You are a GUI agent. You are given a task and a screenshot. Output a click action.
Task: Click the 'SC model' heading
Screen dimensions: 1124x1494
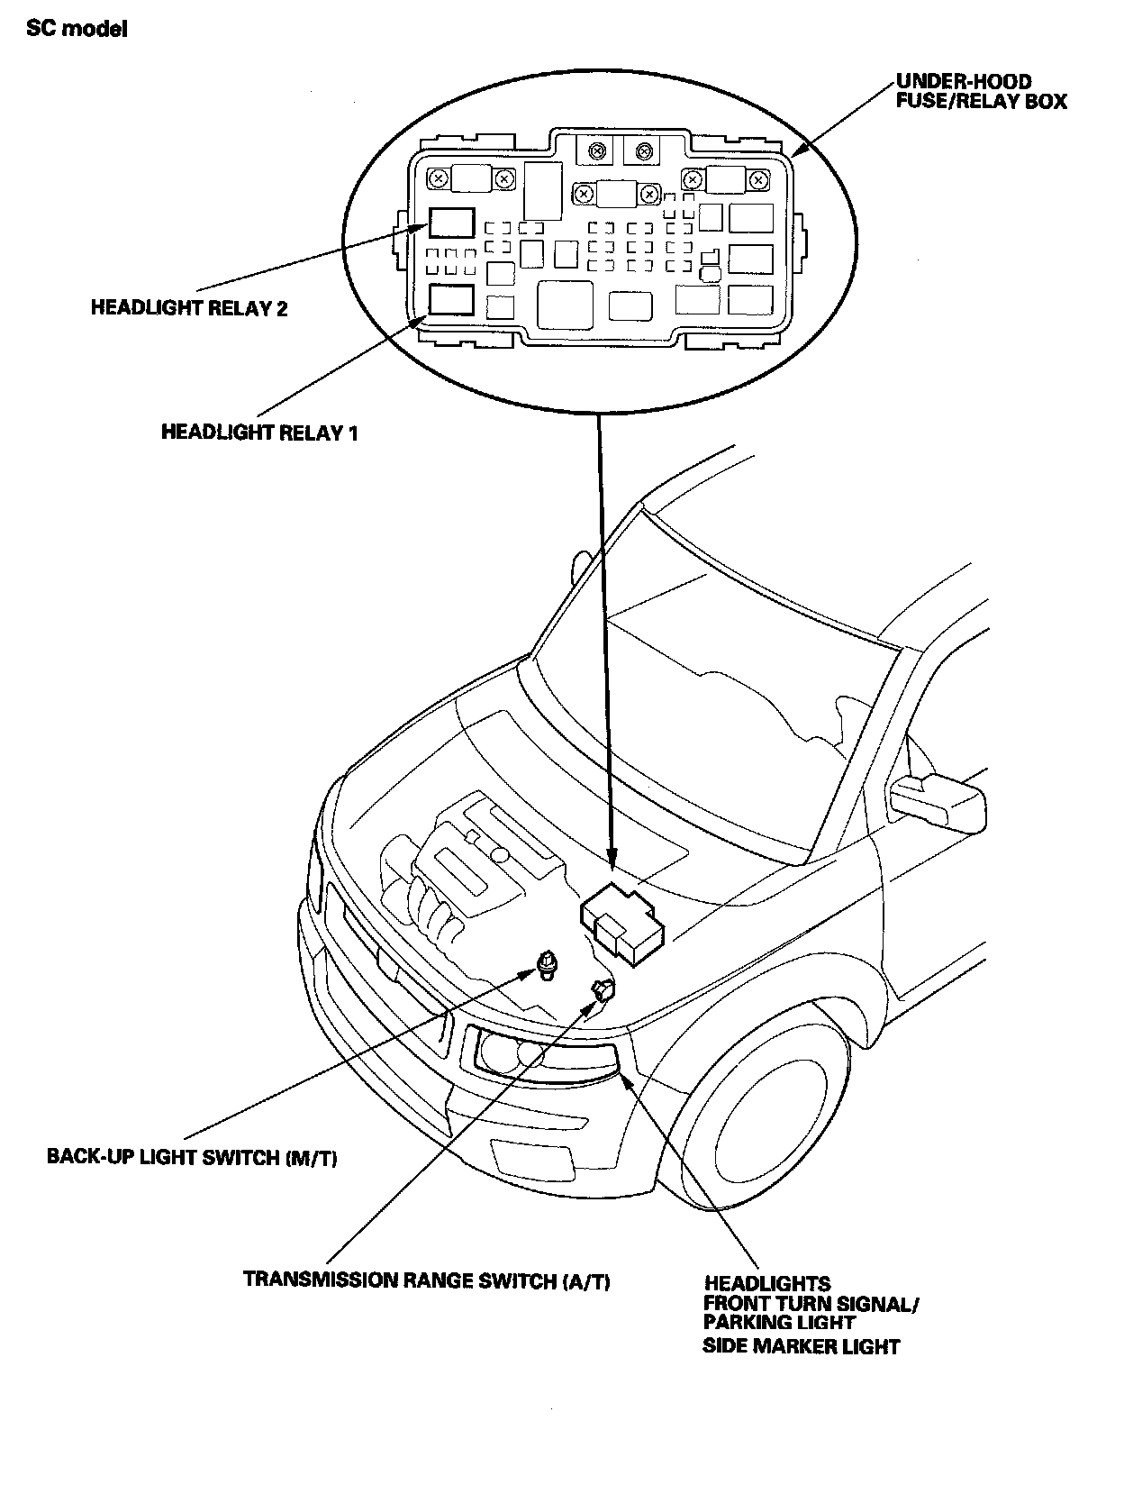click(x=77, y=29)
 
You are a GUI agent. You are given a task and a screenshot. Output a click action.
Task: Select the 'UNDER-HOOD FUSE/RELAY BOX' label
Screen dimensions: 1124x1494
click(x=981, y=91)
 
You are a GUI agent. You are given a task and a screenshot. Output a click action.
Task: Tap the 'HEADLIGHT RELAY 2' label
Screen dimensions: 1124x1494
click(x=189, y=308)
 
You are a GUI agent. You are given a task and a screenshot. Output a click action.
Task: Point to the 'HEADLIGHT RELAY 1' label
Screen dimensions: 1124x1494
click(x=259, y=433)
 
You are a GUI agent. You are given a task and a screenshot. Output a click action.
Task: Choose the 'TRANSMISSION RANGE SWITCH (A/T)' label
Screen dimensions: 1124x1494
click(x=427, y=1280)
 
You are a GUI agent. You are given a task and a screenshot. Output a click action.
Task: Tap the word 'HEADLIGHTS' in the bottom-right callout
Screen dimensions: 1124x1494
click(x=767, y=1283)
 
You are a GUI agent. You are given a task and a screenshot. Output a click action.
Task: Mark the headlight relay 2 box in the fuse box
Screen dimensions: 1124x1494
click(x=451, y=222)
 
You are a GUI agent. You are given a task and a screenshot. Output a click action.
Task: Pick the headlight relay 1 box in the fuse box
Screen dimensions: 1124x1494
click(x=451, y=300)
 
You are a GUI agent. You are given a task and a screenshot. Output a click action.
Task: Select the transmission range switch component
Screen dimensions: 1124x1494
click(x=603, y=990)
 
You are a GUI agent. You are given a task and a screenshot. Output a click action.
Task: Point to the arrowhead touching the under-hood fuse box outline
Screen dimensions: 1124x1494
click(x=799, y=149)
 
